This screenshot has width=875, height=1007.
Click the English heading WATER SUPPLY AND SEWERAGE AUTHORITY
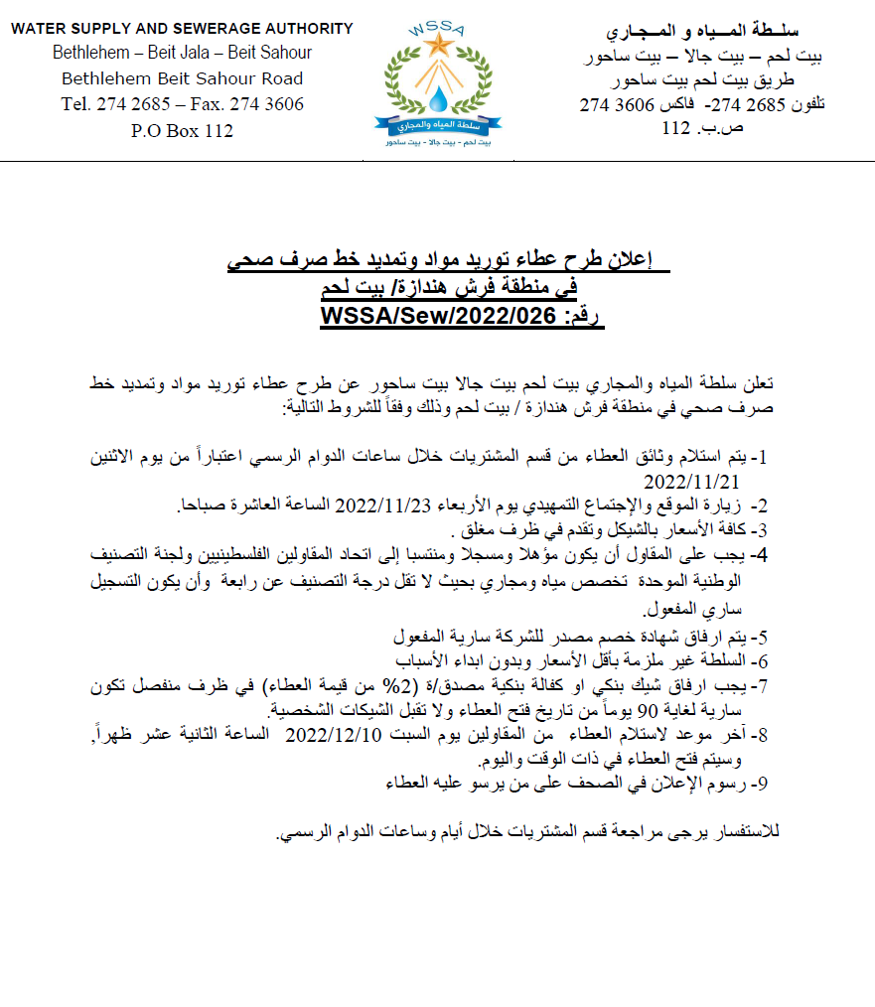pos(182,29)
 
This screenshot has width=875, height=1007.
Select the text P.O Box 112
pos(182,130)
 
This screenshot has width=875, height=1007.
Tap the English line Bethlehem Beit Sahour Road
pos(182,78)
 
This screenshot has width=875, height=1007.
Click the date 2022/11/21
pos(692,482)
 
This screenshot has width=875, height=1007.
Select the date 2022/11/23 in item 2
pos(382,505)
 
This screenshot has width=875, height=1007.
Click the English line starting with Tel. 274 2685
pos(182,104)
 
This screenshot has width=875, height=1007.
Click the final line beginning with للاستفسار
pos(527,831)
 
